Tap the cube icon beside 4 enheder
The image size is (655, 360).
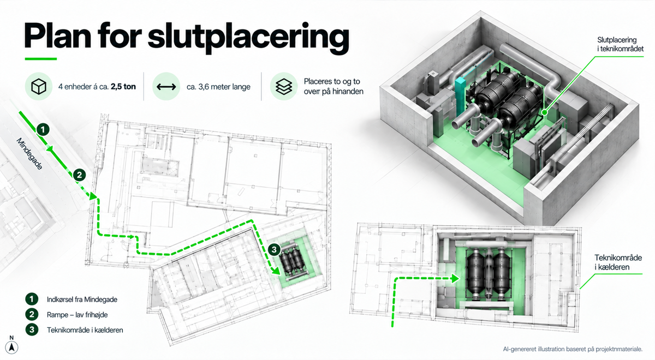tap(39, 87)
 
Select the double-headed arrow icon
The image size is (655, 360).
tap(166, 87)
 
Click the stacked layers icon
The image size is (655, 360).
tap(283, 87)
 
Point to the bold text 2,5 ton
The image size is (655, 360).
tap(123, 87)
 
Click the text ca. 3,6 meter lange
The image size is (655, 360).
tap(218, 87)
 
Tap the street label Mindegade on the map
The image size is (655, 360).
tap(29, 154)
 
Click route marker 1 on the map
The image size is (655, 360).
tap(43, 129)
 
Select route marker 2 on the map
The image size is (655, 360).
tap(79, 175)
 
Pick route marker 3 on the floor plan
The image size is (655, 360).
tap(274, 250)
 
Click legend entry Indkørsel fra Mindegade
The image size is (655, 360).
tap(82, 299)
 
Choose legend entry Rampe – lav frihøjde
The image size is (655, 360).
tap(77, 315)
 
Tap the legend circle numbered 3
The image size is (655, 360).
tap(32, 329)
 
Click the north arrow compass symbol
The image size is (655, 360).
tap(11, 345)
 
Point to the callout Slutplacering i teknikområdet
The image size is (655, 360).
tap(620, 44)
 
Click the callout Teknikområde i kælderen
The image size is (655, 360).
tap(618, 262)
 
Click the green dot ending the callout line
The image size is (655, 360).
tap(544, 112)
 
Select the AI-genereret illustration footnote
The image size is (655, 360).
tap(573, 349)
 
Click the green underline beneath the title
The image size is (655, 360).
tap(40, 59)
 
